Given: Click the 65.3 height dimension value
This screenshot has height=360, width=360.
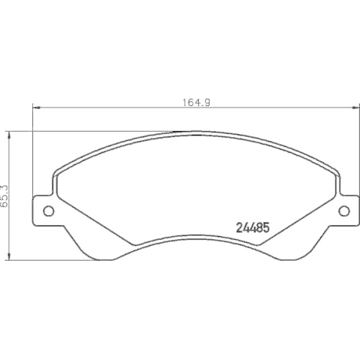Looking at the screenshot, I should (x=4, y=195).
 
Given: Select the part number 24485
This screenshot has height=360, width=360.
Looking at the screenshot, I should (x=253, y=225).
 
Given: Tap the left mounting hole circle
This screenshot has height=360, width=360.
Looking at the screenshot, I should (x=50, y=211).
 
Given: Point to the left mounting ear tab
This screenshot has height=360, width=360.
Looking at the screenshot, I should (x=45, y=210).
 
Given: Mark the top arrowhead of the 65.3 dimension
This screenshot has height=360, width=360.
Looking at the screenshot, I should (x=9, y=134).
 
